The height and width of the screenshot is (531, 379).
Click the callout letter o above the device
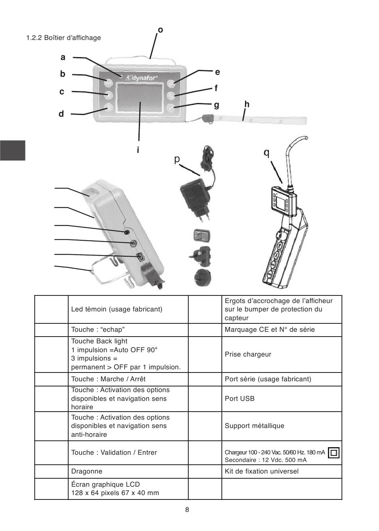point(160,30)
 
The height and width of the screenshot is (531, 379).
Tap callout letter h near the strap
point(247,104)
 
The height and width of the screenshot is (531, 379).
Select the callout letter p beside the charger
point(177,159)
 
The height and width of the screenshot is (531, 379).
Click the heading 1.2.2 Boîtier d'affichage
point(63,38)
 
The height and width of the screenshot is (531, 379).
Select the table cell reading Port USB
point(239,398)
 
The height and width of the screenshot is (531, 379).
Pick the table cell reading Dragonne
point(87,471)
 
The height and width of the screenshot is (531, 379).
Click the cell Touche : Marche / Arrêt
point(108,379)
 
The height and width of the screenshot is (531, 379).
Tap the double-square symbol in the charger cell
point(334,453)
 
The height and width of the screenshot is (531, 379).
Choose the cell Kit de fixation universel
point(261,471)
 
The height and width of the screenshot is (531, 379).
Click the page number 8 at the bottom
point(187,510)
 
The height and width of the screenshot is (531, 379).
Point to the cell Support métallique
point(254,426)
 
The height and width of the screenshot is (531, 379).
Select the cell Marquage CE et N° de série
point(269,329)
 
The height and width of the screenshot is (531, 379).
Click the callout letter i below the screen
point(138,150)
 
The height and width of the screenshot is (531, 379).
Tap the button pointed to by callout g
point(171,107)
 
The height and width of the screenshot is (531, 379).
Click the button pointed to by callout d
point(109,107)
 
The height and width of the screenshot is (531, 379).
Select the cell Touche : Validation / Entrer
point(114,452)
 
